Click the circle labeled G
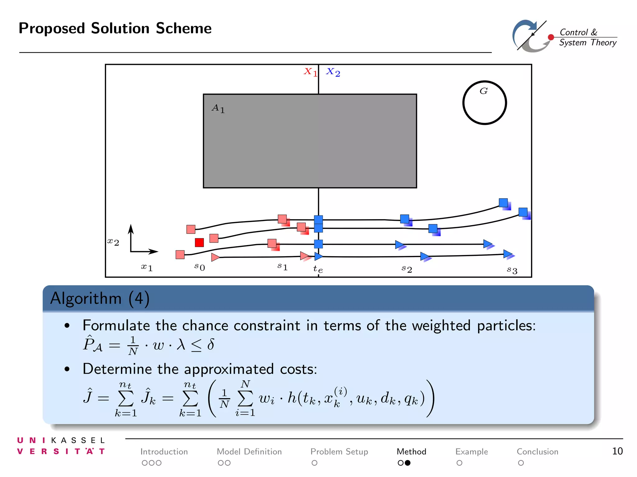[484, 103]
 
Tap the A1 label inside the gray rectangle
[218, 108]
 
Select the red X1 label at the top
[310, 72]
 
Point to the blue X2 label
[333, 72]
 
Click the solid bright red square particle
[199, 242]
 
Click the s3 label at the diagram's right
[512, 270]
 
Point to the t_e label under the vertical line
[318, 269]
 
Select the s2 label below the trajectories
[407, 269]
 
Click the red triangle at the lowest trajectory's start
[215, 257]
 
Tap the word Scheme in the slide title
[184, 28]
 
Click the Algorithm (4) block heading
[100, 298]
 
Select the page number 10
[617, 451]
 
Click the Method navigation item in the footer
[411, 452]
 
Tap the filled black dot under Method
[407, 463]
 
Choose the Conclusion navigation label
[537, 452]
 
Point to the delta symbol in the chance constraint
[211, 344]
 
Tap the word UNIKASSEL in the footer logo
[61, 440]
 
